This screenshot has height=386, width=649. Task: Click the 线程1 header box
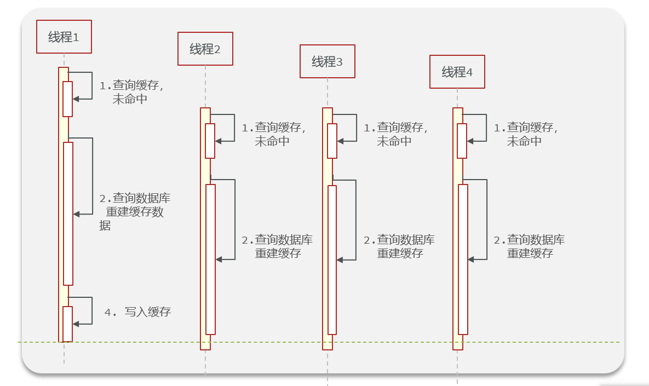[64, 37]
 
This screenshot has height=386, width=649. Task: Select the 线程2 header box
[205, 49]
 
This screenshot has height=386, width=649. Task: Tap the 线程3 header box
[328, 61]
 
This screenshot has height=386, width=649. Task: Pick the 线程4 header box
[457, 72]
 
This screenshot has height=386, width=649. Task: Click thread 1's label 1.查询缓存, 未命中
[131, 93]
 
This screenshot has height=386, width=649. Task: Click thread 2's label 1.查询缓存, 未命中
[273, 134]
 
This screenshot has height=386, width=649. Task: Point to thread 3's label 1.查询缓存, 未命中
[395, 134]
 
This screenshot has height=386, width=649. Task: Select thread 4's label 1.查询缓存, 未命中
[526, 134]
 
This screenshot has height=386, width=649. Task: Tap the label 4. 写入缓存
[138, 312]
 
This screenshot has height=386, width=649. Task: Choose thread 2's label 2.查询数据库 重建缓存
[277, 246]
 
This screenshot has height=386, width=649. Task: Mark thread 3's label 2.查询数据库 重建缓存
[399, 246]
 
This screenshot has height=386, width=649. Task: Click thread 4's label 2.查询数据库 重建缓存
[529, 246]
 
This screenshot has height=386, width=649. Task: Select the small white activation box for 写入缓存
[67, 324]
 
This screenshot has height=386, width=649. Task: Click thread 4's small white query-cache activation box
[462, 141]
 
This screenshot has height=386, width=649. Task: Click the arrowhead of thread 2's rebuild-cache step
[219, 259]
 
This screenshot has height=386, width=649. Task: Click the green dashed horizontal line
[383, 342]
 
